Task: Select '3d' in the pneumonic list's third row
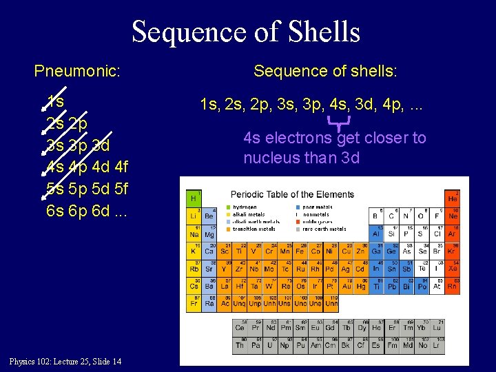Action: pyautogui.click(x=101, y=145)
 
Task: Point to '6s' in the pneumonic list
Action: pyautogui.click(x=55, y=211)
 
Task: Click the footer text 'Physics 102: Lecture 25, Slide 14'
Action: pyautogui.click(x=65, y=362)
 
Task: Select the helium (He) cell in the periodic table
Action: pyautogui.click(x=453, y=198)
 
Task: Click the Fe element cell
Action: pyautogui.click(x=300, y=252)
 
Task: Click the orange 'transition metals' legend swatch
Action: pyautogui.click(x=229, y=229)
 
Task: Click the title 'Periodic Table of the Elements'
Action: pyautogui.click(x=292, y=194)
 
